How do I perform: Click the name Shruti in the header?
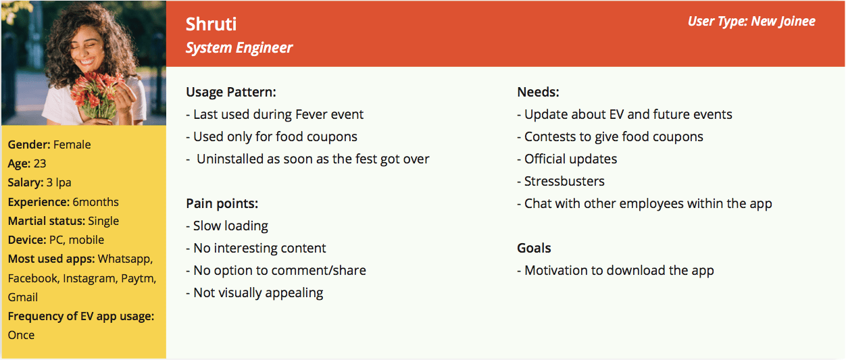[211, 24]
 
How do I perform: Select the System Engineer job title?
[239, 48]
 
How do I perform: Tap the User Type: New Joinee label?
[751, 22]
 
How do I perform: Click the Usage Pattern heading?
[231, 92]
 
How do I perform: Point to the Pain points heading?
[222, 203]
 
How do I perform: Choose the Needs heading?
[538, 92]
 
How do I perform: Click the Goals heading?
[534, 248]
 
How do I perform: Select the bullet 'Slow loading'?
[227, 226]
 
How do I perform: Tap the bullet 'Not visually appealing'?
[255, 293]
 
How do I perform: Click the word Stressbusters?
[564, 181]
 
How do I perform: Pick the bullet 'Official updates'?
[567, 159]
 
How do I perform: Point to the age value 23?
[40, 163]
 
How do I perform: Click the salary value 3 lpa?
[59, 182]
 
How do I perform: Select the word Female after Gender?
[72, 145]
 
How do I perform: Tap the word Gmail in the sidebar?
[23, 297]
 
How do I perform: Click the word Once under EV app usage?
[21, 335]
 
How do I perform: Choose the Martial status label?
[47, 221]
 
